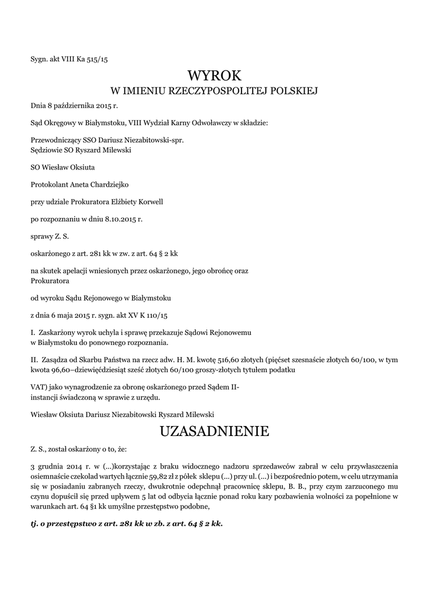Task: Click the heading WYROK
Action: [x=214, y=76]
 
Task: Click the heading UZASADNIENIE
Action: [x=214, y=431]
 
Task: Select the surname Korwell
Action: [x=150, y=201]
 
